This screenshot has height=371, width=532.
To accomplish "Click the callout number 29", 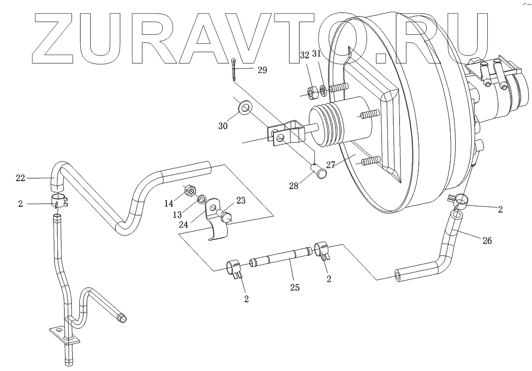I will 262,70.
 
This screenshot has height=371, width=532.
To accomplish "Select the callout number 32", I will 305,55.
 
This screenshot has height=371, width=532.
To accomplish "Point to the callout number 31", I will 316,54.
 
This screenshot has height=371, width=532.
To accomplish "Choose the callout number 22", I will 20,178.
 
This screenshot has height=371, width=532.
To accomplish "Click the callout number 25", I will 295,286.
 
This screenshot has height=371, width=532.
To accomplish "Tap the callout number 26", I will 487,241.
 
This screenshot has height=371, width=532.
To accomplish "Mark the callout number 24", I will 184,225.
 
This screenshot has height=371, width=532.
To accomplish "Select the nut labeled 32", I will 311,93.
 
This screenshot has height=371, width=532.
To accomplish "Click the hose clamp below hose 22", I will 59,201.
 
